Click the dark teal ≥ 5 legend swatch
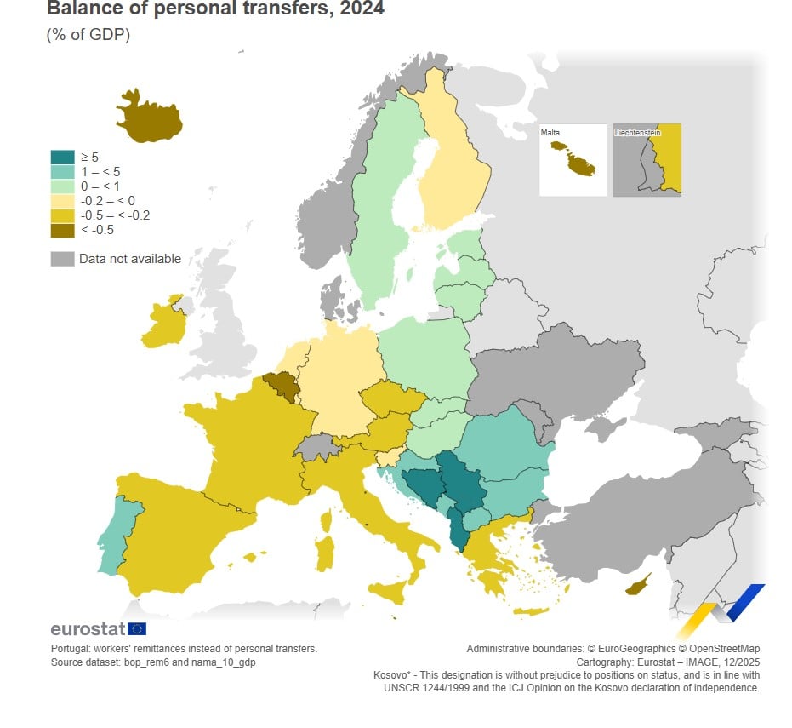click(62, 157)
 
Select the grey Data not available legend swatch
click(62, 259)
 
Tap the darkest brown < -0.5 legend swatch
click(62, 229)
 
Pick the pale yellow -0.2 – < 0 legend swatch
click(62, 200)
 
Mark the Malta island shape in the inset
click(573, 159)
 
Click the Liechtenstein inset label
click(637, 133)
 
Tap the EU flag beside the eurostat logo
click(136, 629)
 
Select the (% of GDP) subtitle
click(88, 36)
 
